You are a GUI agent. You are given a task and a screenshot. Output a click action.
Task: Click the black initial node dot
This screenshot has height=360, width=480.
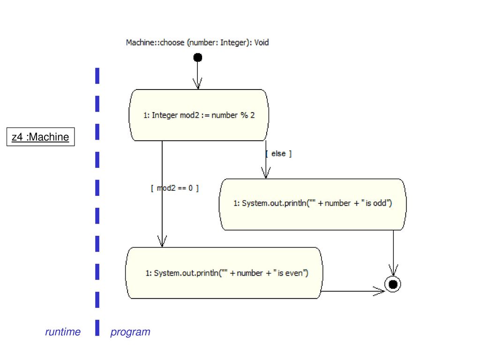point(198,57)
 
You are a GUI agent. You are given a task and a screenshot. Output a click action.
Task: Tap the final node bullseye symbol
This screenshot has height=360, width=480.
point(393,285)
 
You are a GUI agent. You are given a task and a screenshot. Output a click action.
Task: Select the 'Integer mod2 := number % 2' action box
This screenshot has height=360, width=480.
point(199,115)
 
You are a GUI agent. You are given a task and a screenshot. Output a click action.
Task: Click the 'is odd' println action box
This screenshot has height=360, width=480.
point(313,204)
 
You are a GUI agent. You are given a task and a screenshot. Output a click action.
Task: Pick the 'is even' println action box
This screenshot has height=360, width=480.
point(224,273)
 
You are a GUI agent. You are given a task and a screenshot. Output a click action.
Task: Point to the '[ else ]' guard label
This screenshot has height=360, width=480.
point(278,153)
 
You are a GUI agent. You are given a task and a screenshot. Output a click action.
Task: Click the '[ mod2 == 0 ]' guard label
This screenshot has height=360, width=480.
point(175,188)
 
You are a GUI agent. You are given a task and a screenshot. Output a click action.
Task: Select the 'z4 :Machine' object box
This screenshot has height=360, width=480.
point(41,137)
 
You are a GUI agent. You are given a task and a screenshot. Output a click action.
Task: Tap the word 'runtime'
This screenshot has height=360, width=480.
point(63,332)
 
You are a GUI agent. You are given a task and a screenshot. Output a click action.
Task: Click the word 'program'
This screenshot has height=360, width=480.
point(130,332)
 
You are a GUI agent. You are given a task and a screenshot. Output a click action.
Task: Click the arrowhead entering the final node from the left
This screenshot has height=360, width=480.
point(379,291)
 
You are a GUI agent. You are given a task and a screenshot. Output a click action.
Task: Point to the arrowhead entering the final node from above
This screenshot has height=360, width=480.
point(393,270)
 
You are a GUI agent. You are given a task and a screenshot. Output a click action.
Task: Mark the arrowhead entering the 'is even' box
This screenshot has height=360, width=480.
point(162,241)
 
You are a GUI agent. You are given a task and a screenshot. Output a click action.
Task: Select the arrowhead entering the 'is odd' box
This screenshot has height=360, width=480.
point(266,173)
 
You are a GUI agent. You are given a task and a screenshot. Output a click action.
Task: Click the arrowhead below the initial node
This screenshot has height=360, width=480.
point(197,83)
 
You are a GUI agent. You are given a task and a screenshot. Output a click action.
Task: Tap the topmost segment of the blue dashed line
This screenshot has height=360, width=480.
point(97,75)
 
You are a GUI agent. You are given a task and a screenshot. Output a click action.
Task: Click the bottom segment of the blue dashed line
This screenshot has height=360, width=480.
point(97,328)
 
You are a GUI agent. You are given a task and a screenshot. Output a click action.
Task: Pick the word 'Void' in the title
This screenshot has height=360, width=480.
point(262,43)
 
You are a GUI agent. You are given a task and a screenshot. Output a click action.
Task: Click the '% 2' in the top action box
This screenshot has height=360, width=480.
point(247,115)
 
